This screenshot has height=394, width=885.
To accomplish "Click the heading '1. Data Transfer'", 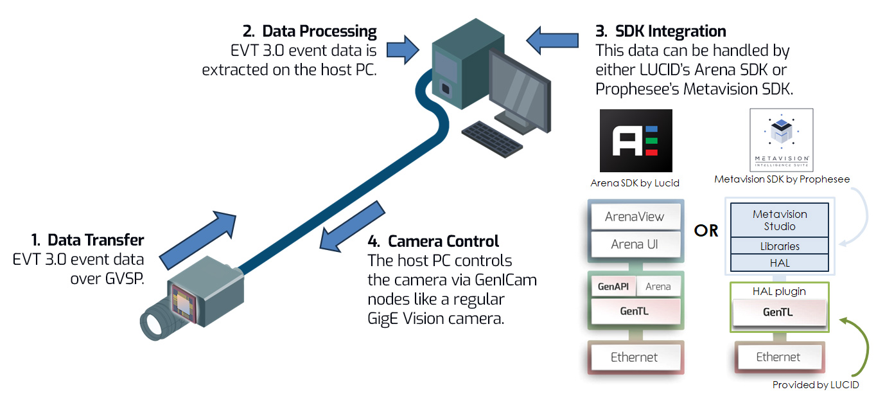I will click(x=87, y=240).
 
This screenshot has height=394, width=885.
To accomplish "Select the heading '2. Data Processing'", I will click(x=310, y=31).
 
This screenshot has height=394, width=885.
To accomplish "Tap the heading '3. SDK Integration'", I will click(x=661, y=31).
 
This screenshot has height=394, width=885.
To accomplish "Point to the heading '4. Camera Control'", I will click(x=434, y=242).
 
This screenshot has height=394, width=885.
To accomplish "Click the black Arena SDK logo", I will click(x=635, y=141).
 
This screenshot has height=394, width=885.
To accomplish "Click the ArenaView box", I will click(x=635, y=217).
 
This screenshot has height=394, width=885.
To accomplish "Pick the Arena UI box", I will click(x=635, y=244).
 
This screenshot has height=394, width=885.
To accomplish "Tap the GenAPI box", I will click(x=613, y=287).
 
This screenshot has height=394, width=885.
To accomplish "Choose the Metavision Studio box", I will click(x=779, y=220).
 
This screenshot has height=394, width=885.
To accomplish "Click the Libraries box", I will click(x=779, y=246).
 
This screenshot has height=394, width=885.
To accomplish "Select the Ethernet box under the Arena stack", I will click(x=635, y=357).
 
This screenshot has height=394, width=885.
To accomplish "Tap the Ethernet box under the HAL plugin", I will click(x=778, y=357).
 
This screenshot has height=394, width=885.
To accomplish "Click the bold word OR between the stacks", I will click(x=706, y=230).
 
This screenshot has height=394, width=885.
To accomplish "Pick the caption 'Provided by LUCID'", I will click(x=815, y=385).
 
